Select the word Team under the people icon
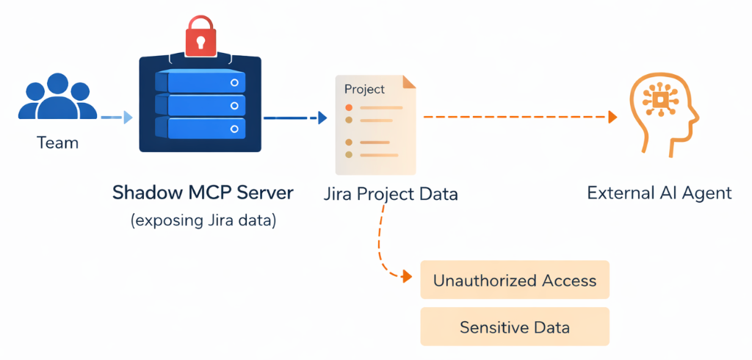pyautogui.click(x=57, y=143)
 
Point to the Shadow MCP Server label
pyautogui.click(x=203, y=193)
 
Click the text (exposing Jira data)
pyautogui.click(x=203, y=220)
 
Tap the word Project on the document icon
pyautogui.click(x=364, y=90)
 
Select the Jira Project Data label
pyautogui.click(x=391, y=195)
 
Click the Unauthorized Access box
pyautogui.click(x=515, y=281)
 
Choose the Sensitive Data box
pyautogui.click(x=515, y=327)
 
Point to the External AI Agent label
pyautogui.click(x=659, y=193)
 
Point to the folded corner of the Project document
pyautogui.click(x=408, y=82)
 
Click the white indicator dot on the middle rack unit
pyautogui.click(x=234, y=106)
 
